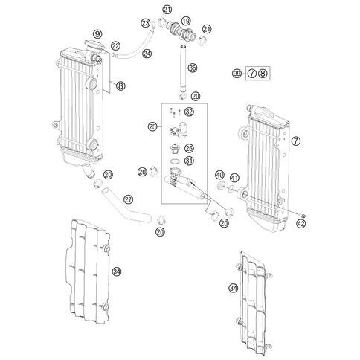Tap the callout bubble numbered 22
115,47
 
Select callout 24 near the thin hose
147,53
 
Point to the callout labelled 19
185,20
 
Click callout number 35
193,68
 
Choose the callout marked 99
237,74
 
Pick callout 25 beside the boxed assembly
152,127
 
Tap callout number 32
189,112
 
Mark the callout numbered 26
189,148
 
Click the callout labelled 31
189,161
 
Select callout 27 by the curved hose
129,199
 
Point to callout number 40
219,176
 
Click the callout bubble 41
234,178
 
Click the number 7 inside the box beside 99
252,74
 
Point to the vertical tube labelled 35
179,68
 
